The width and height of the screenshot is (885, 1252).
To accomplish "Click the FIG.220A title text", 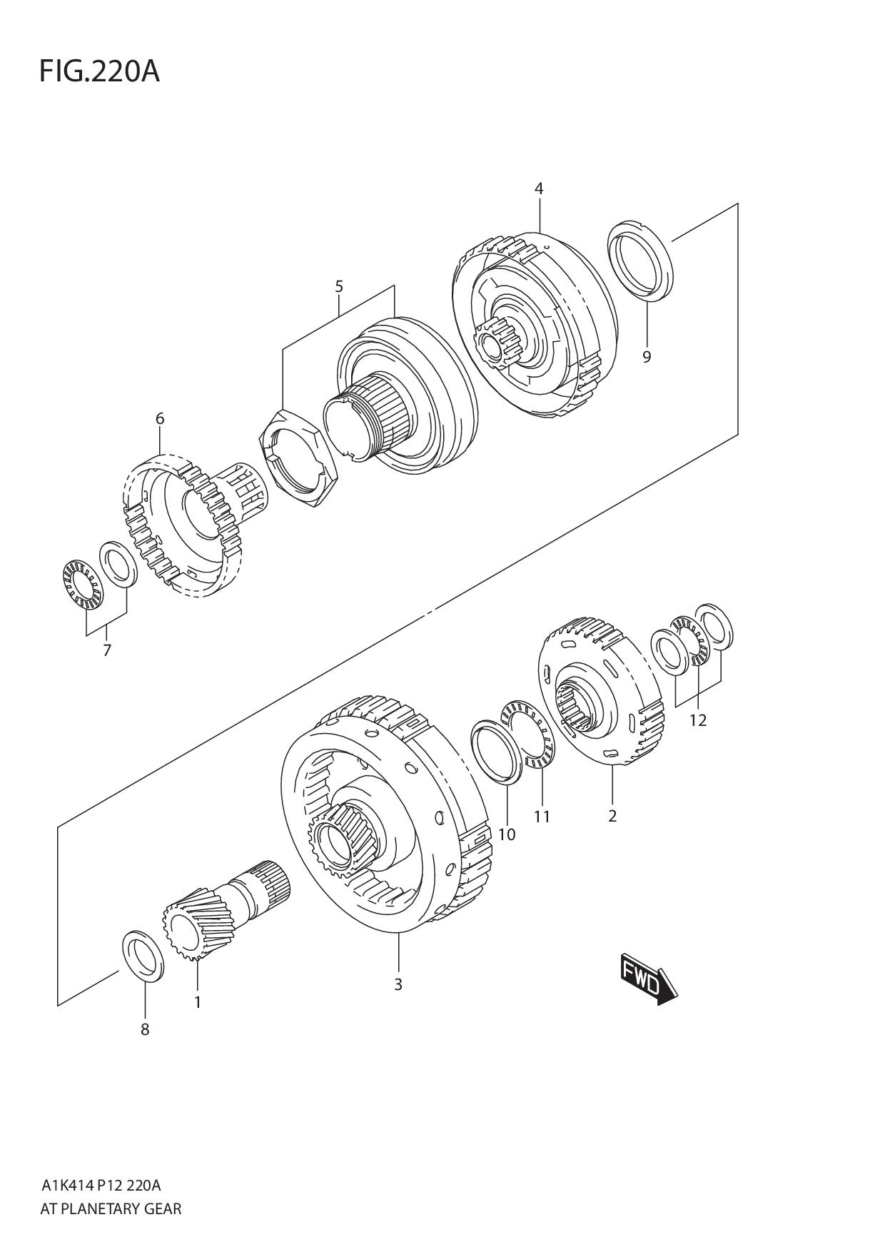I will (99, 71).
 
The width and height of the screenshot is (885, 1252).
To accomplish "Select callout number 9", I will (647, 356).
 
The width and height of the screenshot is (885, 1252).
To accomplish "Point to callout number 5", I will (339, 287).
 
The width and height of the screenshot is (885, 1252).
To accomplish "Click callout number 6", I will (160, 418).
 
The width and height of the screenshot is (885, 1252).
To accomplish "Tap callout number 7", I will (107, 650).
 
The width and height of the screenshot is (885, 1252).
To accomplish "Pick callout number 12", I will (697, 720).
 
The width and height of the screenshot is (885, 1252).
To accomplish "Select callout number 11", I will (542, 817).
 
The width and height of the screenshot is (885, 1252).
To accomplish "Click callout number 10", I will (507, 834).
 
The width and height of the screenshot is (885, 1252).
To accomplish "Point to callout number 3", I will (398, 984).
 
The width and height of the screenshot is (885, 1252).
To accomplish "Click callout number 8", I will (145, 1029).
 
